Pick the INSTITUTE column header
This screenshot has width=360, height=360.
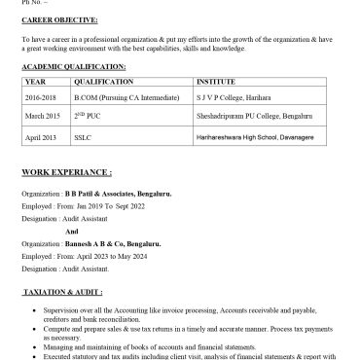click(216, 83)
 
